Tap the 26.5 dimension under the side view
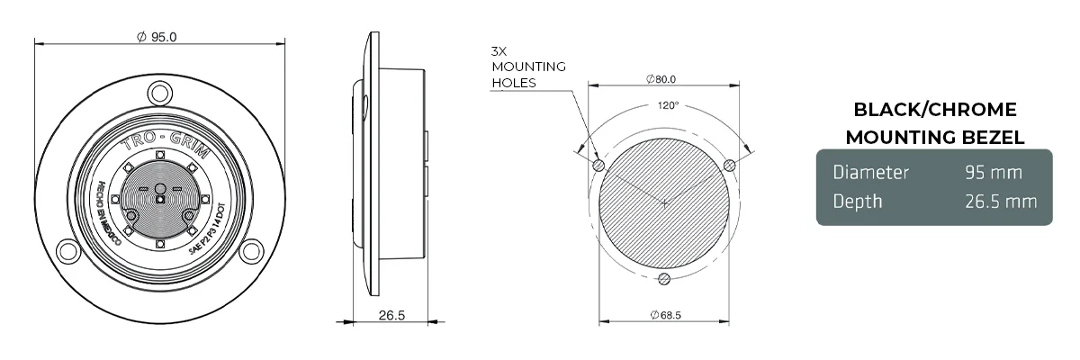tap(391, 315)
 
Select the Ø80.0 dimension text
tap(661, 79)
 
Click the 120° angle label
tap(667, 105)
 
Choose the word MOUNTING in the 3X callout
tap(528, 67)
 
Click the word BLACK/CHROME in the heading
tap(934, 110)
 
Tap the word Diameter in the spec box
tap(870, 172)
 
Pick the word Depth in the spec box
tap(857, 201)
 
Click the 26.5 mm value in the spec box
tap(1001, 201)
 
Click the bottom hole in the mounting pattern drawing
tap(664, 278)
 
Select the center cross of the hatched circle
tap(664, 203)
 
